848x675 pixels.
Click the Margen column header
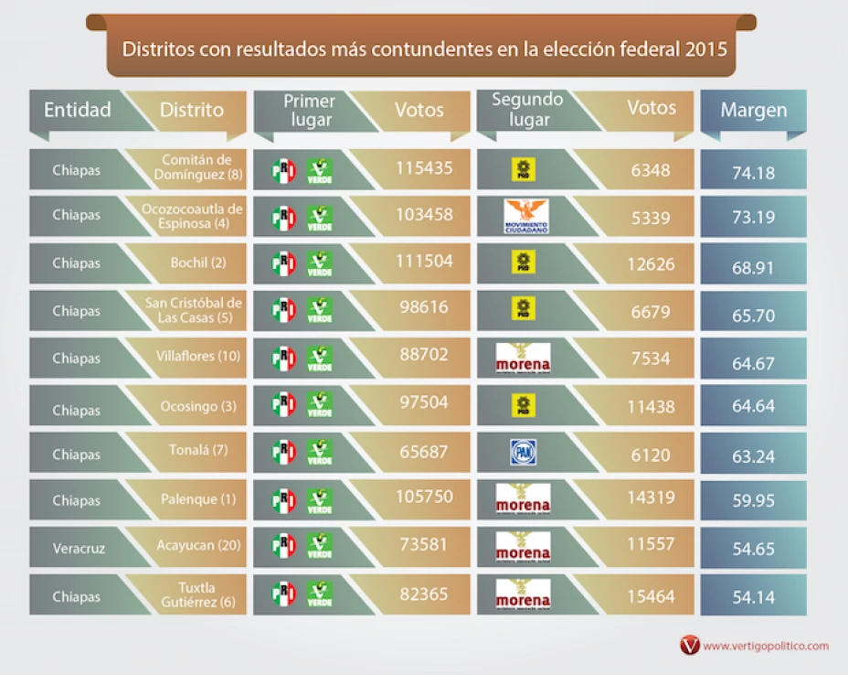pos(753,111)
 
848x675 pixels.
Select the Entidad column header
pos(78,110)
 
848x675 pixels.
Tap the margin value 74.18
pos(753,173)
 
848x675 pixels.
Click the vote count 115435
pos(424,167)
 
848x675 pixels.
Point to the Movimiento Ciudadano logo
pos(525,217)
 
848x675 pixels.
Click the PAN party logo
pos(523,452)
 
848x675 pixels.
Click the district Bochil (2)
pos(198,262)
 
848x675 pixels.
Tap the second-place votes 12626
pos(652,264)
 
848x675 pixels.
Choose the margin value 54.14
pos(753,597)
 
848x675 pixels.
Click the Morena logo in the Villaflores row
pos(523,358)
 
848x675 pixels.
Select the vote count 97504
pos(424,403)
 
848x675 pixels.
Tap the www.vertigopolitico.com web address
pos(766,646)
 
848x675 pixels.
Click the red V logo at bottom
pos(689,646)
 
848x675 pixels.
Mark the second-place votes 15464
pos(651,596)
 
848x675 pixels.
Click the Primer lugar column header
pos(309,110)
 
